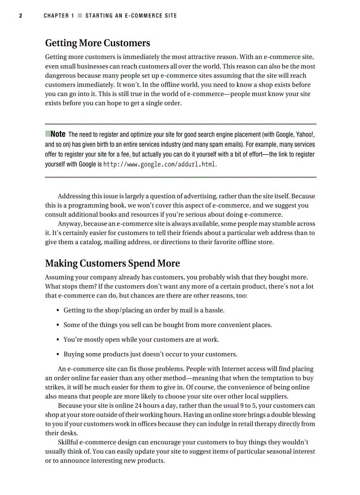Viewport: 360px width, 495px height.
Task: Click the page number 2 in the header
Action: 20,16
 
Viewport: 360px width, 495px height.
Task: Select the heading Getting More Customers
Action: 97,43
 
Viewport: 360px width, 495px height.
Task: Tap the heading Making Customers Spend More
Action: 112,264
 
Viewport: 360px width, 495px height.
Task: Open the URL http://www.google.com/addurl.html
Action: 160,164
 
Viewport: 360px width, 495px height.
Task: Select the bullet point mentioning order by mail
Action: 144,310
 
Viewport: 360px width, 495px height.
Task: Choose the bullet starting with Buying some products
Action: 150,354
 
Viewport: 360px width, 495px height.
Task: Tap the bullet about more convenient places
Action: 168,325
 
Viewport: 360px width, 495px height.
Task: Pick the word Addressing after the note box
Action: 75,196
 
